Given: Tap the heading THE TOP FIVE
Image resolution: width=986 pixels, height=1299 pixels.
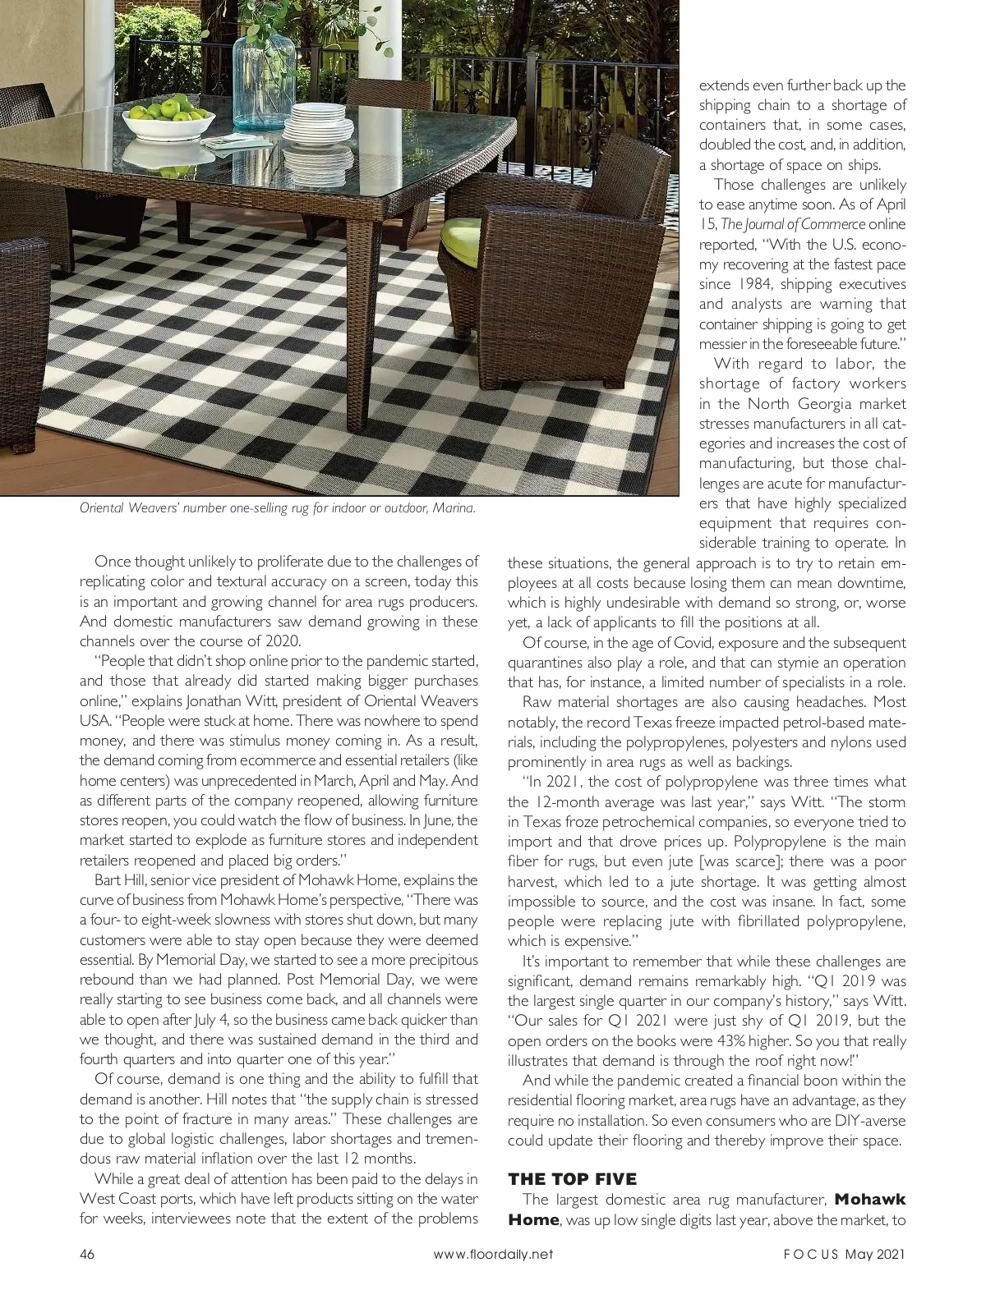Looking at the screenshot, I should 572,1179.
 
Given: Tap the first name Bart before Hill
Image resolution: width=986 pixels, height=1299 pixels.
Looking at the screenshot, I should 109,880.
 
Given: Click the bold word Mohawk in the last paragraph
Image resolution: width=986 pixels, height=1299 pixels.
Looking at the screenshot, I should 869,1200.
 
